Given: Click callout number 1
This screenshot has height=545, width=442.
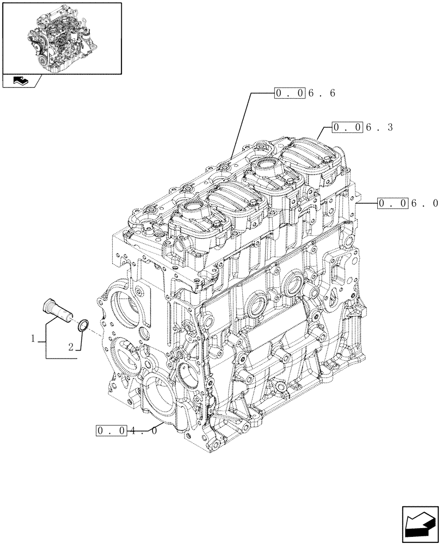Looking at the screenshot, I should tap(33, 339).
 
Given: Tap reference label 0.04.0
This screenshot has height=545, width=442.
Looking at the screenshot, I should tap(126, 431).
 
